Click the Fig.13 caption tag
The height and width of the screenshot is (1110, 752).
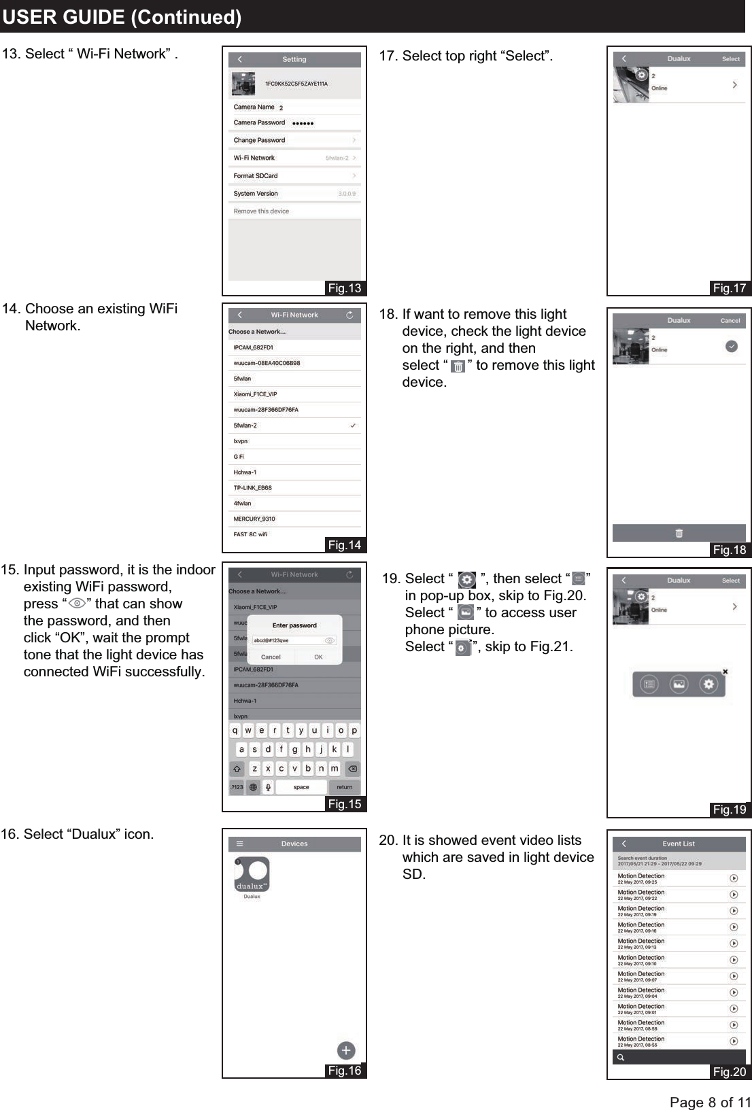tap(345, 288)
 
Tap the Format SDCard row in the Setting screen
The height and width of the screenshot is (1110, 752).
tap(294, 175)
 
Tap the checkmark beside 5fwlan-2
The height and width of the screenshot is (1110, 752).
tap(353, 426)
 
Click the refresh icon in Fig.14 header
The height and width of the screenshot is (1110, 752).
tap(349, 315)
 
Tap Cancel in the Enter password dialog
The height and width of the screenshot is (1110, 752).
tap(271, 657)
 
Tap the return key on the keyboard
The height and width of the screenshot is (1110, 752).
tap(345, 787)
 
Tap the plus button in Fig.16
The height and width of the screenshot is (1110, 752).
tap(346, 1051)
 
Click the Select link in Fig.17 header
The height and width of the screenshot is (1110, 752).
tap(731, 59)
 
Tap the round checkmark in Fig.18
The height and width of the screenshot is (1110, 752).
tap(732, 347)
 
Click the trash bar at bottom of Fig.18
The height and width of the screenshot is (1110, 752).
tap(679, 534)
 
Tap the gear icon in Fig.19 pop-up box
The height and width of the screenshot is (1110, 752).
tap(709, 684)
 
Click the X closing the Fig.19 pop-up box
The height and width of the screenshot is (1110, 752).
tap(725, 672)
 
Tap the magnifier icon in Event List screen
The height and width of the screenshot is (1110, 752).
tap(620, 1058)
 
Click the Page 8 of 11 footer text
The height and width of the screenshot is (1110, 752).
tap(710, 1102)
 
